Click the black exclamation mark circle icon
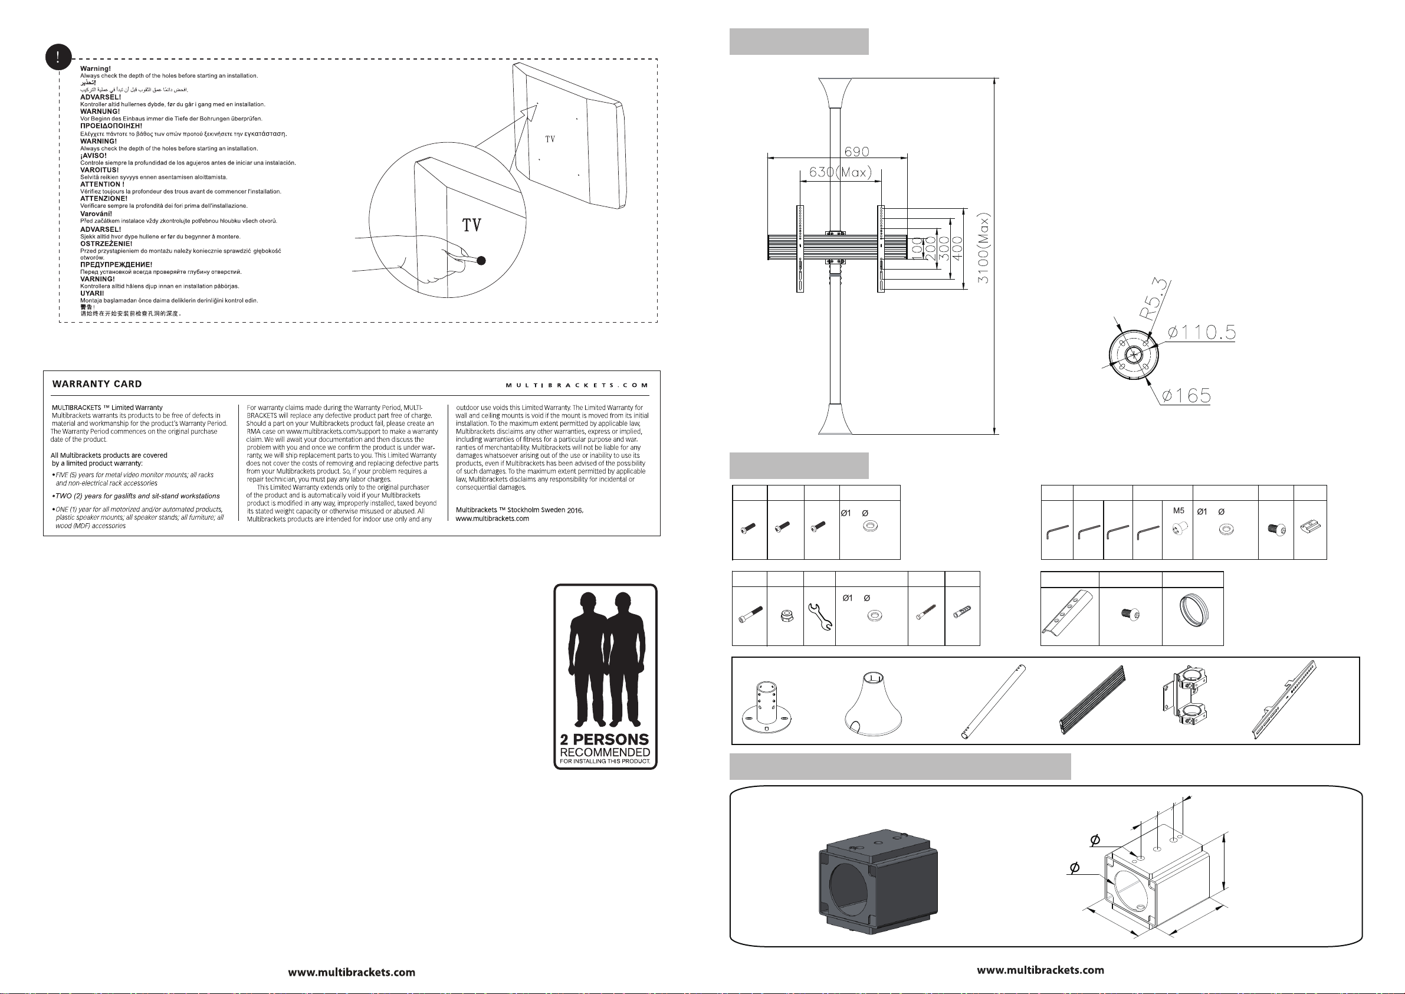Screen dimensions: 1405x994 coord(58,58)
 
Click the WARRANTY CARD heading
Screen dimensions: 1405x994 coord(97,384)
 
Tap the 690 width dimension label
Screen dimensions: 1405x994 coord(856,151)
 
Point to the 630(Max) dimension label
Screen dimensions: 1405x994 coord(840,172)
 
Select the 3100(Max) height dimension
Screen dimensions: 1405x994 coord(983,247)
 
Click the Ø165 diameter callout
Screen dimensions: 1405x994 coord(1186,395)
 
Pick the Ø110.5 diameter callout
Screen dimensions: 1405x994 coord(1202,332)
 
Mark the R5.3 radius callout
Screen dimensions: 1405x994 coord(1154,299)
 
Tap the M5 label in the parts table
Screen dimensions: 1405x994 coord(1179,510)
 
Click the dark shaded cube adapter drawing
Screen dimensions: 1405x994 coord(878,881)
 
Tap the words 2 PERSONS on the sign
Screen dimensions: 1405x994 coord(605,739)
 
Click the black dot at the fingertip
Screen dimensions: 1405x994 coord(481,261)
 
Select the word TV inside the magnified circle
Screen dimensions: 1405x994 coord(471,225)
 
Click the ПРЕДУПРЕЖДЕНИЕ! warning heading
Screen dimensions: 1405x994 coord(116,264)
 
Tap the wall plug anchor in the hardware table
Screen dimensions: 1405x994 coord(962,612)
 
